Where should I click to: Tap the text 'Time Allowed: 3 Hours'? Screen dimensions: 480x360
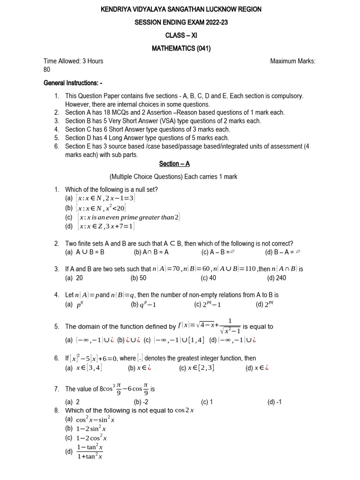(73, 61)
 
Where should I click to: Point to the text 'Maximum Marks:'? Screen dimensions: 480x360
(293, 61)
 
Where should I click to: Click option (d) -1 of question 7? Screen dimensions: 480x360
(274, 402)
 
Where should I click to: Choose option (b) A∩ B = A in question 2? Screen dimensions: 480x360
(151, 252)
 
